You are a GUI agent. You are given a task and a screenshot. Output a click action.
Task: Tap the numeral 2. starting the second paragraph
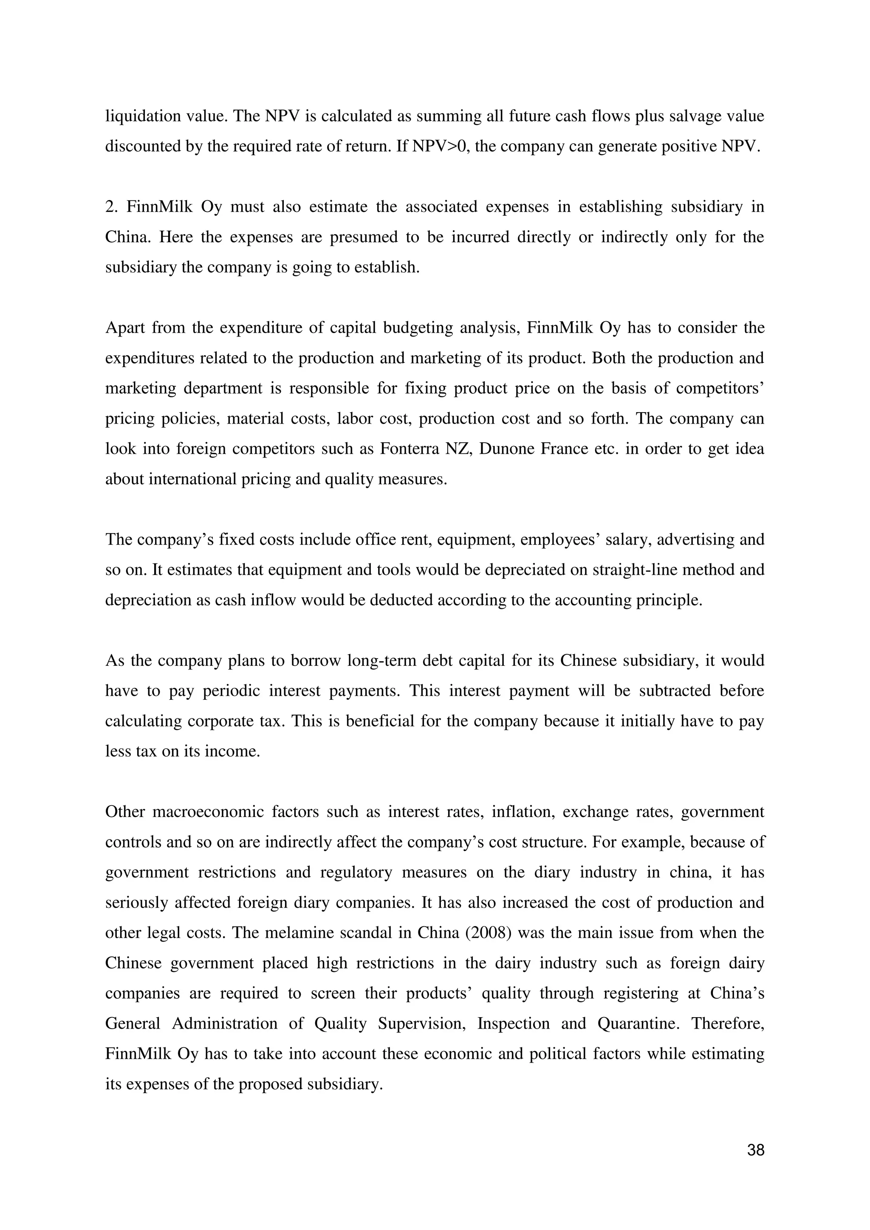pyautogui.click(x=111, y=207)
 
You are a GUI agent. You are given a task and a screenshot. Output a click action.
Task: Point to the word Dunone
pyautogui.click(x=499, y=448)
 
